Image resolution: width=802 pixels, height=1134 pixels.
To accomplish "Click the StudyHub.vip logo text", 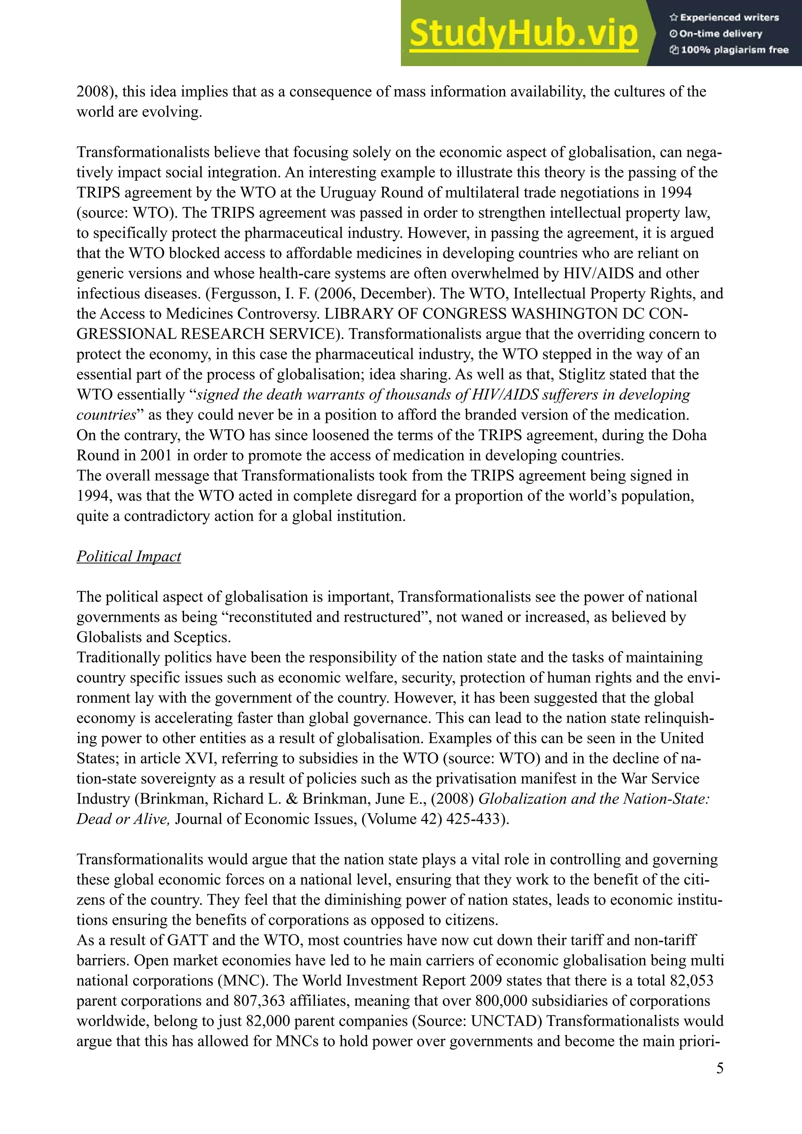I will (523, 34).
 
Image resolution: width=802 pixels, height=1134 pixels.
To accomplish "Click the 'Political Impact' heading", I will (128, 556).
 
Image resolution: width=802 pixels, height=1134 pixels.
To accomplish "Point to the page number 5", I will (719, 1068).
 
